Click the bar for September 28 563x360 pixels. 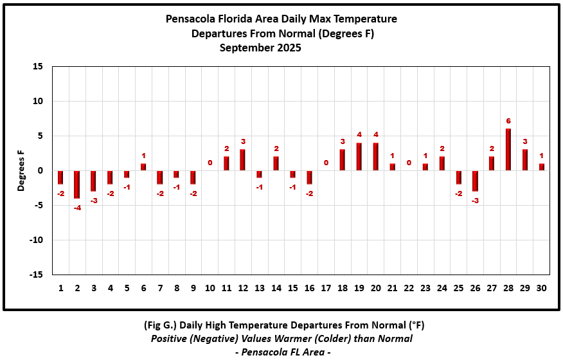508,150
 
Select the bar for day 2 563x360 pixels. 77,184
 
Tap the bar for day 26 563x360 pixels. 475,181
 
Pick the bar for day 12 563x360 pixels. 243,160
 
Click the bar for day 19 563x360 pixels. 359,157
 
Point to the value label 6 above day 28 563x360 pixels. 508,121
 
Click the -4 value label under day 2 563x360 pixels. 77,208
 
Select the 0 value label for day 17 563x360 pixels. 326,163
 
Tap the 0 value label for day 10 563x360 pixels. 210,163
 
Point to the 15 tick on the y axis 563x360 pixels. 38,66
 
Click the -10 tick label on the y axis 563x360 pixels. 35,240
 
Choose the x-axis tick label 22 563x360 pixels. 409,288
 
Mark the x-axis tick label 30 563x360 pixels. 542,288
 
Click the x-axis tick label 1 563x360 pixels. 61,288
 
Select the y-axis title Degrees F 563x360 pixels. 21,170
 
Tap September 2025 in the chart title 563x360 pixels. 260,48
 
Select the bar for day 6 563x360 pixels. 143,167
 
